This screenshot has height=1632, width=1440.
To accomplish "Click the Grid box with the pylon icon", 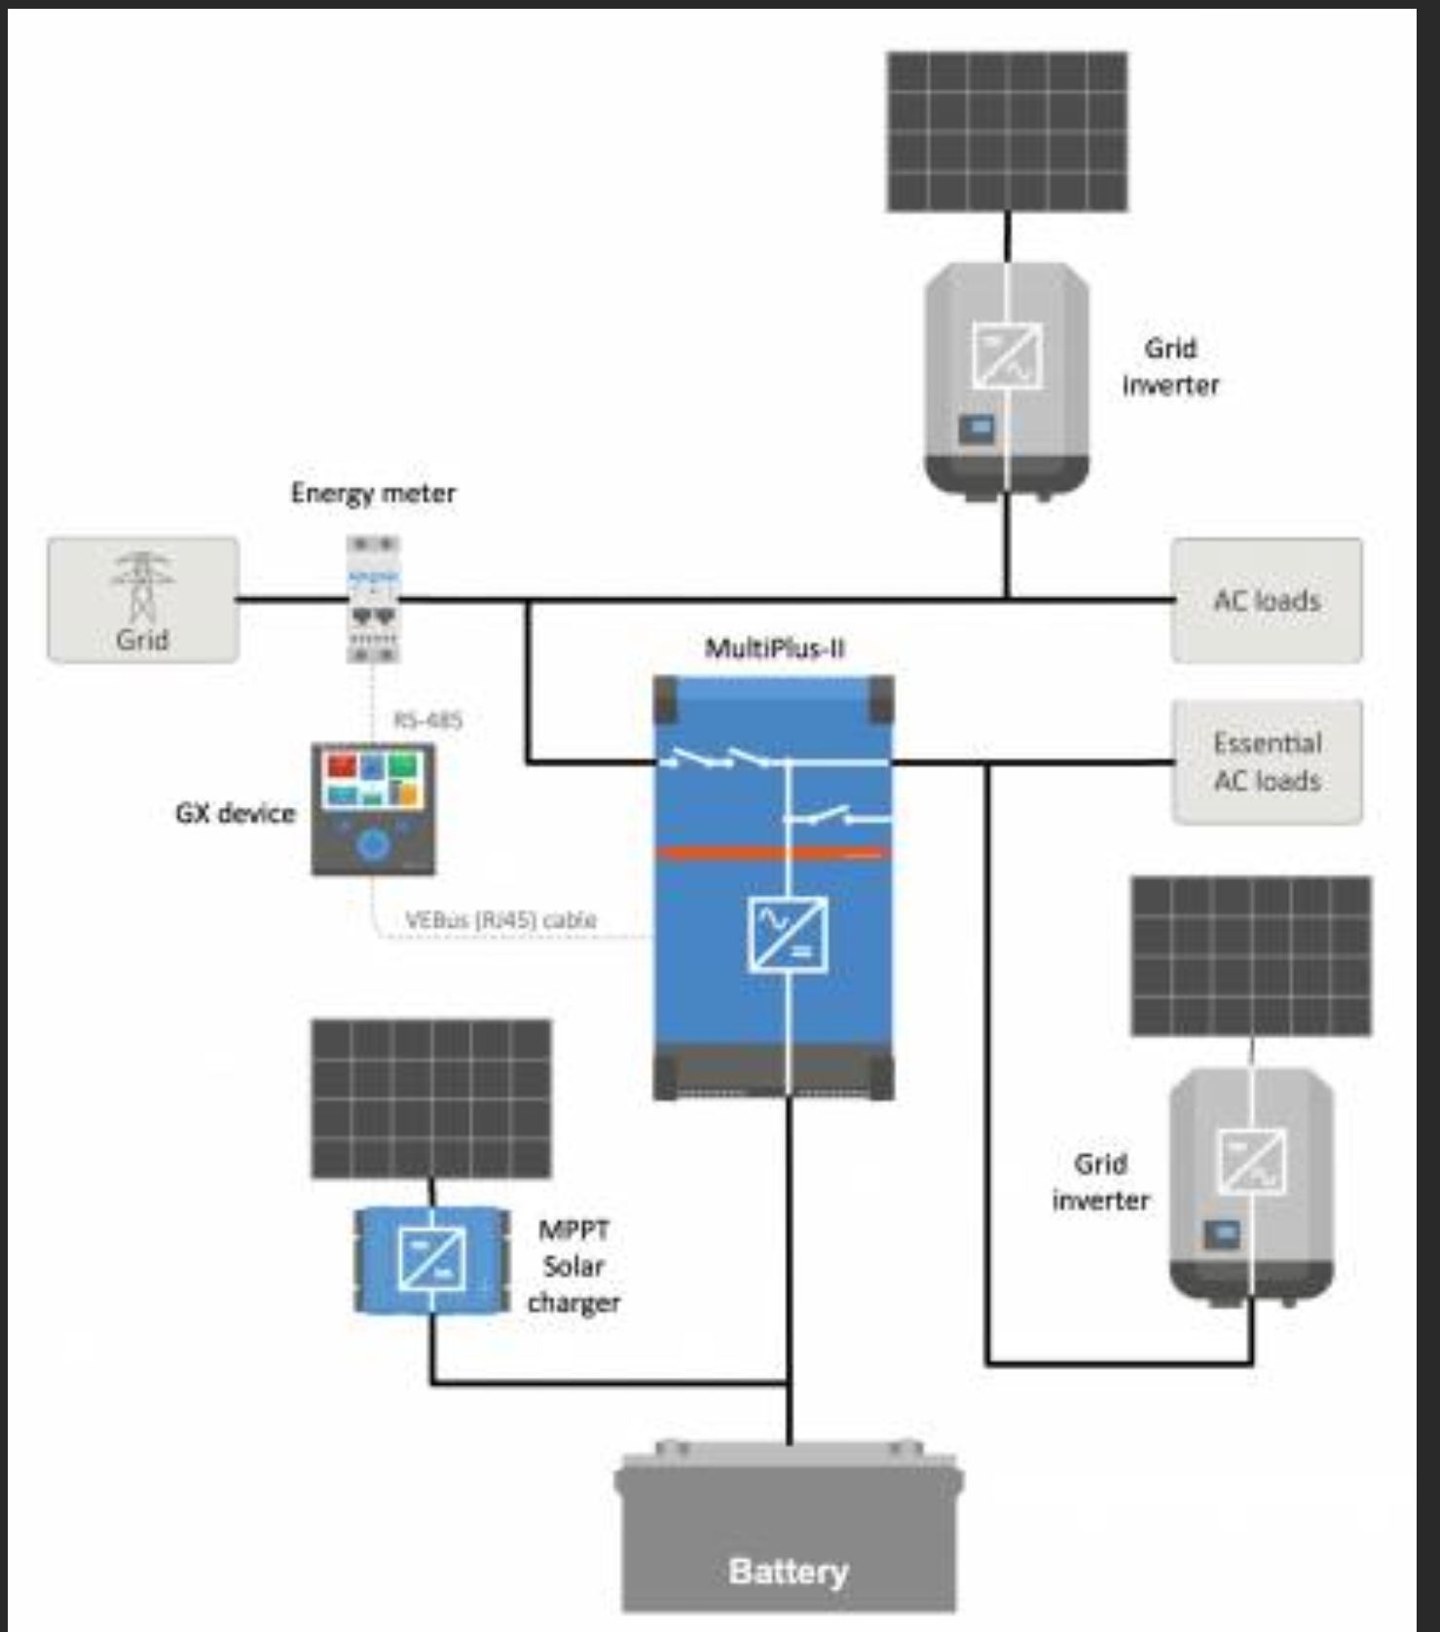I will (143, 600).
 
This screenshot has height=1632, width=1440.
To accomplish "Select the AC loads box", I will (1266, 600).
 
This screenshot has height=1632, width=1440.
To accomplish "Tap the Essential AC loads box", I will (1266, 761).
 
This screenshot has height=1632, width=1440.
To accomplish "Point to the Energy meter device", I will (373, 599).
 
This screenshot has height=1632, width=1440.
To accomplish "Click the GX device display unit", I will (373, 808).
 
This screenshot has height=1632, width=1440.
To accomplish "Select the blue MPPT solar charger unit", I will (431, 1260).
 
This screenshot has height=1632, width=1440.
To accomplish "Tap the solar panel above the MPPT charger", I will (431, 1098).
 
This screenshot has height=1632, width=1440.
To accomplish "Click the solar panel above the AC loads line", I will (1007, 131).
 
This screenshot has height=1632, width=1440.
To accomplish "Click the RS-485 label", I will (427, 721).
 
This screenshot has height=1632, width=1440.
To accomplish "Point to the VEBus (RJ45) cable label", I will (500, 919).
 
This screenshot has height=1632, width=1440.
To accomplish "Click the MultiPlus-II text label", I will (774, 649).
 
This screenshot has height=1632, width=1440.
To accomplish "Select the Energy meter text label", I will (373, 493).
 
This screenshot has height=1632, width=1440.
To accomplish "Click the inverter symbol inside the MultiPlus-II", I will (788, 935).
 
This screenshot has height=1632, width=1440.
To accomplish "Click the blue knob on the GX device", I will (373, 845).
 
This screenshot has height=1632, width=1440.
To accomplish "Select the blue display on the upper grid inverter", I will (978, 427).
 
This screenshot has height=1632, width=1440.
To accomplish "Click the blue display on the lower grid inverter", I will (1222, 1234).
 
